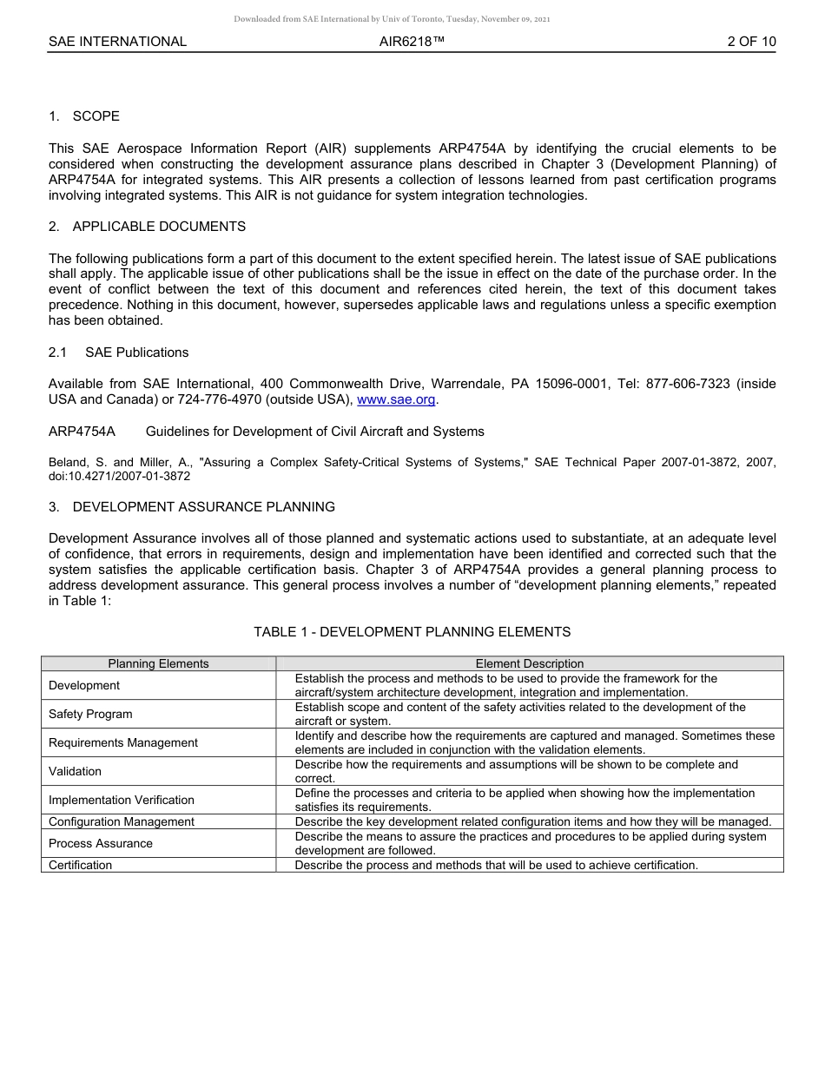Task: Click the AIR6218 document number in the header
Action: (412, 42)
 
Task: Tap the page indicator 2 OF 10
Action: (752, 42)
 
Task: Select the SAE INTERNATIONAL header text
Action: (117, 42)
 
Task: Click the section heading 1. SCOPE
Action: (84, 116)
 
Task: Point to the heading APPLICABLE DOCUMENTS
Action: (159, 227)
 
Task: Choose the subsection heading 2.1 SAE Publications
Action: (118, 353)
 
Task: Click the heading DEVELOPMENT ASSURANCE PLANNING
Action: (203, 507)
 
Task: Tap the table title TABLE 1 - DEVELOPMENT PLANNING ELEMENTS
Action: (412, 632)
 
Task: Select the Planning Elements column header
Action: (158, 663)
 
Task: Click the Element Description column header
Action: (530, 663)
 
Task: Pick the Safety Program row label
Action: (90, 714)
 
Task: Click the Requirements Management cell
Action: (123, 742)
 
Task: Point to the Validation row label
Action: (75, 771)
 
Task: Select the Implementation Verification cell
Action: (122, 800)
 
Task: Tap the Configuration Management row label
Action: (122, 821)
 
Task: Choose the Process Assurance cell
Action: (101, 843)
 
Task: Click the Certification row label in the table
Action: (81, 865)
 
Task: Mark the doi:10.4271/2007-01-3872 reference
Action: (120, 477)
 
